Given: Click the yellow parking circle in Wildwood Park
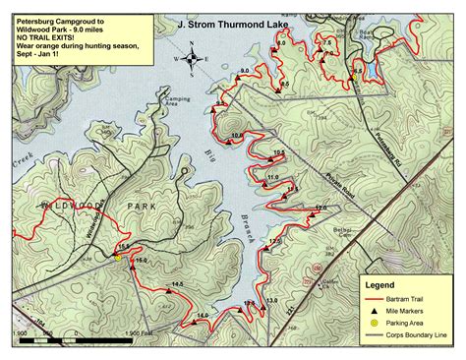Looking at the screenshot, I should point(117,258).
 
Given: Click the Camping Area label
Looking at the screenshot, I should point(178,100).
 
